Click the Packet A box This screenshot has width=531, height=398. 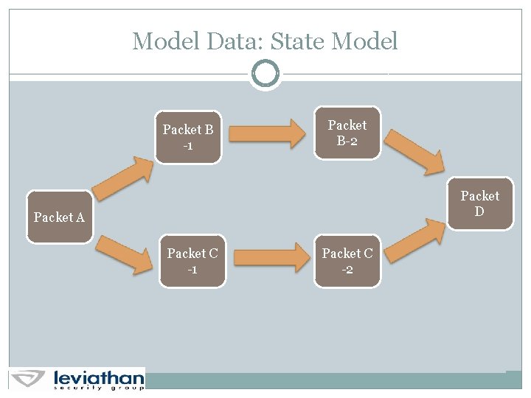click(60, 217)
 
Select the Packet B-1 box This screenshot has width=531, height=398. click(188, 137)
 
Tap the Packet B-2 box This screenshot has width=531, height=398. click(347, 133)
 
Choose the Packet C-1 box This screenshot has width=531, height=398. click(192, 261)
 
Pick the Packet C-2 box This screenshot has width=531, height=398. click(347, 261)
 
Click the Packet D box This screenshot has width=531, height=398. click(479, 203)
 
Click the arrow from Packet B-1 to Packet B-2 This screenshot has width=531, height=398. click(267, 133)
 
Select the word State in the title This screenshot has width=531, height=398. click(299, 41)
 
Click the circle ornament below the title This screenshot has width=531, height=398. click(265, 74)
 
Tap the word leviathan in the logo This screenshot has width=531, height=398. click(98, 377)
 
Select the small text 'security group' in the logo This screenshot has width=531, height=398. click(98, 387)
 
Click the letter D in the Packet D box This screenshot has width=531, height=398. click(479, 212)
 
